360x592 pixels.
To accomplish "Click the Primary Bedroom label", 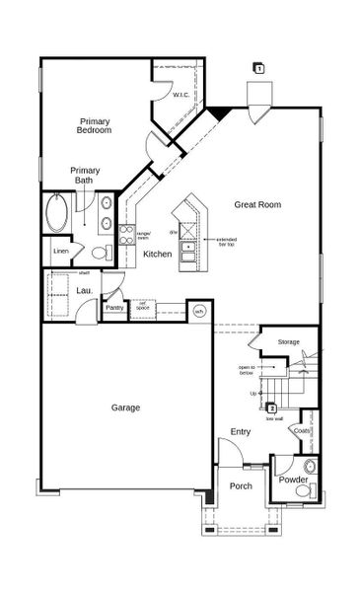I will (x=95, y=125).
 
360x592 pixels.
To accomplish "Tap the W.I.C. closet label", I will (x=180, y=95).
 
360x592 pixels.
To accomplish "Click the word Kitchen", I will (x=157, y=254).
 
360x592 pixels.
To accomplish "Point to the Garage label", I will (x=125, y=407).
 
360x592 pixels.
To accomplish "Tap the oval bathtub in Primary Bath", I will (x=56, y=214).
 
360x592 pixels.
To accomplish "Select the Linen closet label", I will (x=60, y=252).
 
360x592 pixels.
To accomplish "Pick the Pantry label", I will (x=115, y=307).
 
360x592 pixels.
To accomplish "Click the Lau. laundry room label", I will (x=86, y=290).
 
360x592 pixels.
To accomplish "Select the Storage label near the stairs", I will (x=288, y=341).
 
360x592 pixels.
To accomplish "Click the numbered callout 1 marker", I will (x=258, y=68).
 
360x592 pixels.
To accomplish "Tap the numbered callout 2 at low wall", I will (x=271, y=407).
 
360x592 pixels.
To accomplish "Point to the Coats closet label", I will (x=302, y=430).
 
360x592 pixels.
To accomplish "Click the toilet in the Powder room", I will (x=310, y=465).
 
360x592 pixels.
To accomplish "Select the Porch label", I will (x=241, y=485).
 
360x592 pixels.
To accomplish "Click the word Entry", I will (x=241, y=431).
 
